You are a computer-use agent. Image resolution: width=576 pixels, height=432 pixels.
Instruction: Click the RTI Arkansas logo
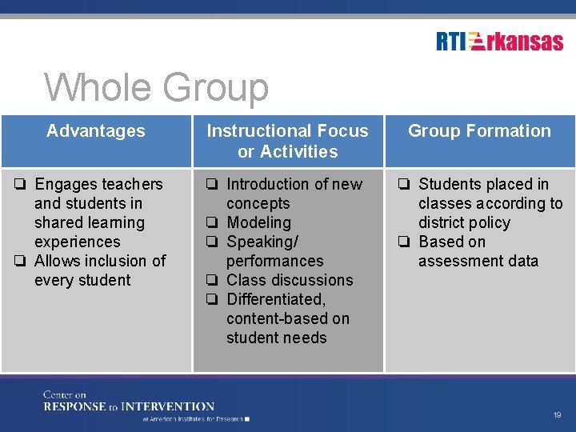click(500, 42)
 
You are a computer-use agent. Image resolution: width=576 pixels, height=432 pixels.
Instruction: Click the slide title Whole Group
click(157, 88)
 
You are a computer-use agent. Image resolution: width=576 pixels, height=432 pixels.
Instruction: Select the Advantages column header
click(96, 131)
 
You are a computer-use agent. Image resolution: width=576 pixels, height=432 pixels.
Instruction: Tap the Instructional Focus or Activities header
click(287, 141)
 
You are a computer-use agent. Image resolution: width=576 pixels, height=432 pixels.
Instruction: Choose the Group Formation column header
click(479, 131)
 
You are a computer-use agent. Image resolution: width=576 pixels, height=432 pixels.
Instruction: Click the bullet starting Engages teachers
click(98, 213)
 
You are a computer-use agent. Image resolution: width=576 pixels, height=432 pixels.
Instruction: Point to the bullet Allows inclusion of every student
click(99, 270)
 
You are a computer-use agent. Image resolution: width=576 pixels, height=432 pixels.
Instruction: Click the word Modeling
click(258, 222)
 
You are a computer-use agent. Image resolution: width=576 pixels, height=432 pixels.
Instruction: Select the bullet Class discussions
click(289, 280)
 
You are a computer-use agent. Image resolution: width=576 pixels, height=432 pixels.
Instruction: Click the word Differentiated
click(276, 299)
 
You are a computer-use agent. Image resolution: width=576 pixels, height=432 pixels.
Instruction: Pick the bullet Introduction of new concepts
click(293, 194)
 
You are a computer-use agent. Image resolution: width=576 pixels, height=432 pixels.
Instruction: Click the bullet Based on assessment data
click(478, 251)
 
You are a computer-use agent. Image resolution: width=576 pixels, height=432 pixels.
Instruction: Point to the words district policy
click(464, 222)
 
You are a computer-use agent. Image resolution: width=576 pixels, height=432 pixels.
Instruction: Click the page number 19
click(557, 415)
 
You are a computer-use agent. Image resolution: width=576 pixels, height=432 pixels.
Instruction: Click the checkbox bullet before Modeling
click(213, 223)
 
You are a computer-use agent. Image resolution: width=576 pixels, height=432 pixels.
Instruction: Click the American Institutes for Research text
click(195, 418)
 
